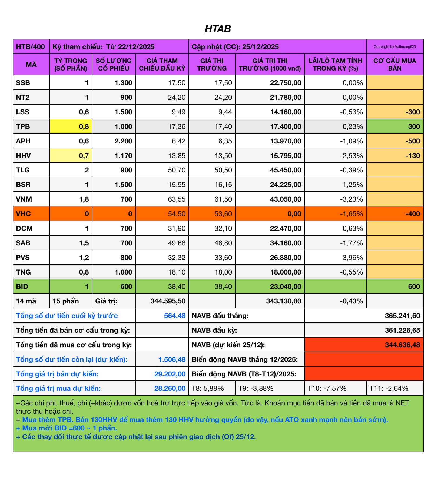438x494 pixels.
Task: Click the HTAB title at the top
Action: click(x=218, y=29)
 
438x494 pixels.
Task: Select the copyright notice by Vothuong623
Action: click(x=394, y=47)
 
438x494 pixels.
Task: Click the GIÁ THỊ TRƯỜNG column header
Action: click(x=212, y=65)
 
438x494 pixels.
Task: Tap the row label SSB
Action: click(x=23, y=83)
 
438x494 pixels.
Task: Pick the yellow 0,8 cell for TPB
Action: click(x=71, y=126)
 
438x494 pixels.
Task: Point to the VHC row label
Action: click(x=24, y=214)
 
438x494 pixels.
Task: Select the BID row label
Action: click(x=22, y=286)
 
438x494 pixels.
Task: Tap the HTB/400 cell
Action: click(x=31, y=47)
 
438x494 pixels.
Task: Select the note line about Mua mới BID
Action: click(x=69, y=428)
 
